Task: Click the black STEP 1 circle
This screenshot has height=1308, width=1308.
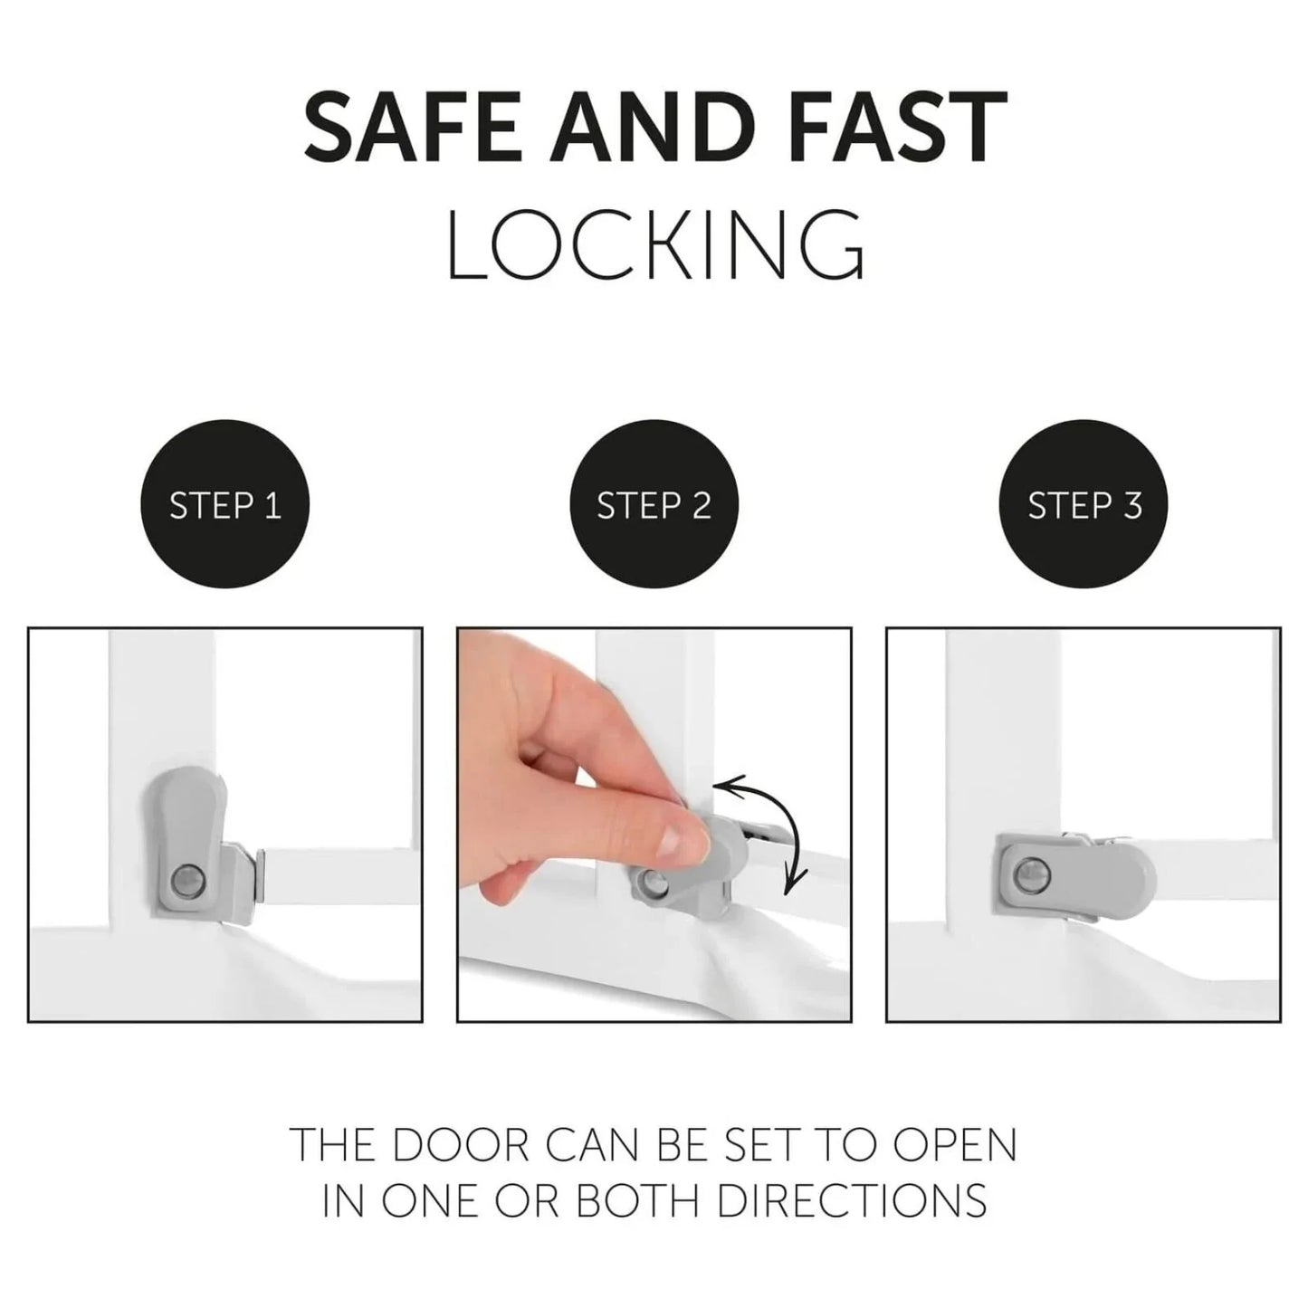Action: [224, 505]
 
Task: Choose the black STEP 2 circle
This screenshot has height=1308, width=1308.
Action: [654, 505]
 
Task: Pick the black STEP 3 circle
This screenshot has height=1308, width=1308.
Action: [1084, 505]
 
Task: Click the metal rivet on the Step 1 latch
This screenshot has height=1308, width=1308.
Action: [186, 877]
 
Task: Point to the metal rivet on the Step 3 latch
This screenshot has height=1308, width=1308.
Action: [1030, 874]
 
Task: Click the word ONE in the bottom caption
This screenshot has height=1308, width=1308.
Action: [439, 1200]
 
